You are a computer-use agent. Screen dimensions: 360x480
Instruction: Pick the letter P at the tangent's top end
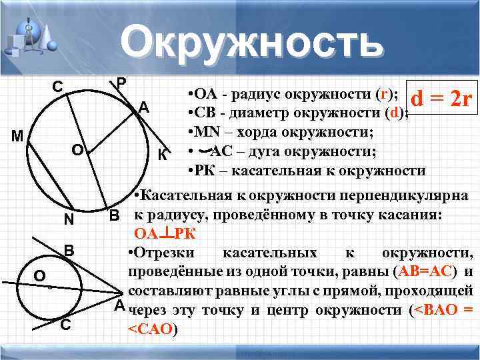(121, 83)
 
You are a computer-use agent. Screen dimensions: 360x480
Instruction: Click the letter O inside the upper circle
(77, 151)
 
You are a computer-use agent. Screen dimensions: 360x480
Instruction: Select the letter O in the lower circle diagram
(39, 275)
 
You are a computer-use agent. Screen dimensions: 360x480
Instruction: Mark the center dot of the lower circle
(50, 287)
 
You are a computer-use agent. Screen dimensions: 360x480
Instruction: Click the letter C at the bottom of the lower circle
(65, 325)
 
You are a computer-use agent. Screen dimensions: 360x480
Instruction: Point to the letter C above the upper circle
(59, 87)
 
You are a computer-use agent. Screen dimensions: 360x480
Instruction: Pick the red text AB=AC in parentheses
(426, 271)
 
